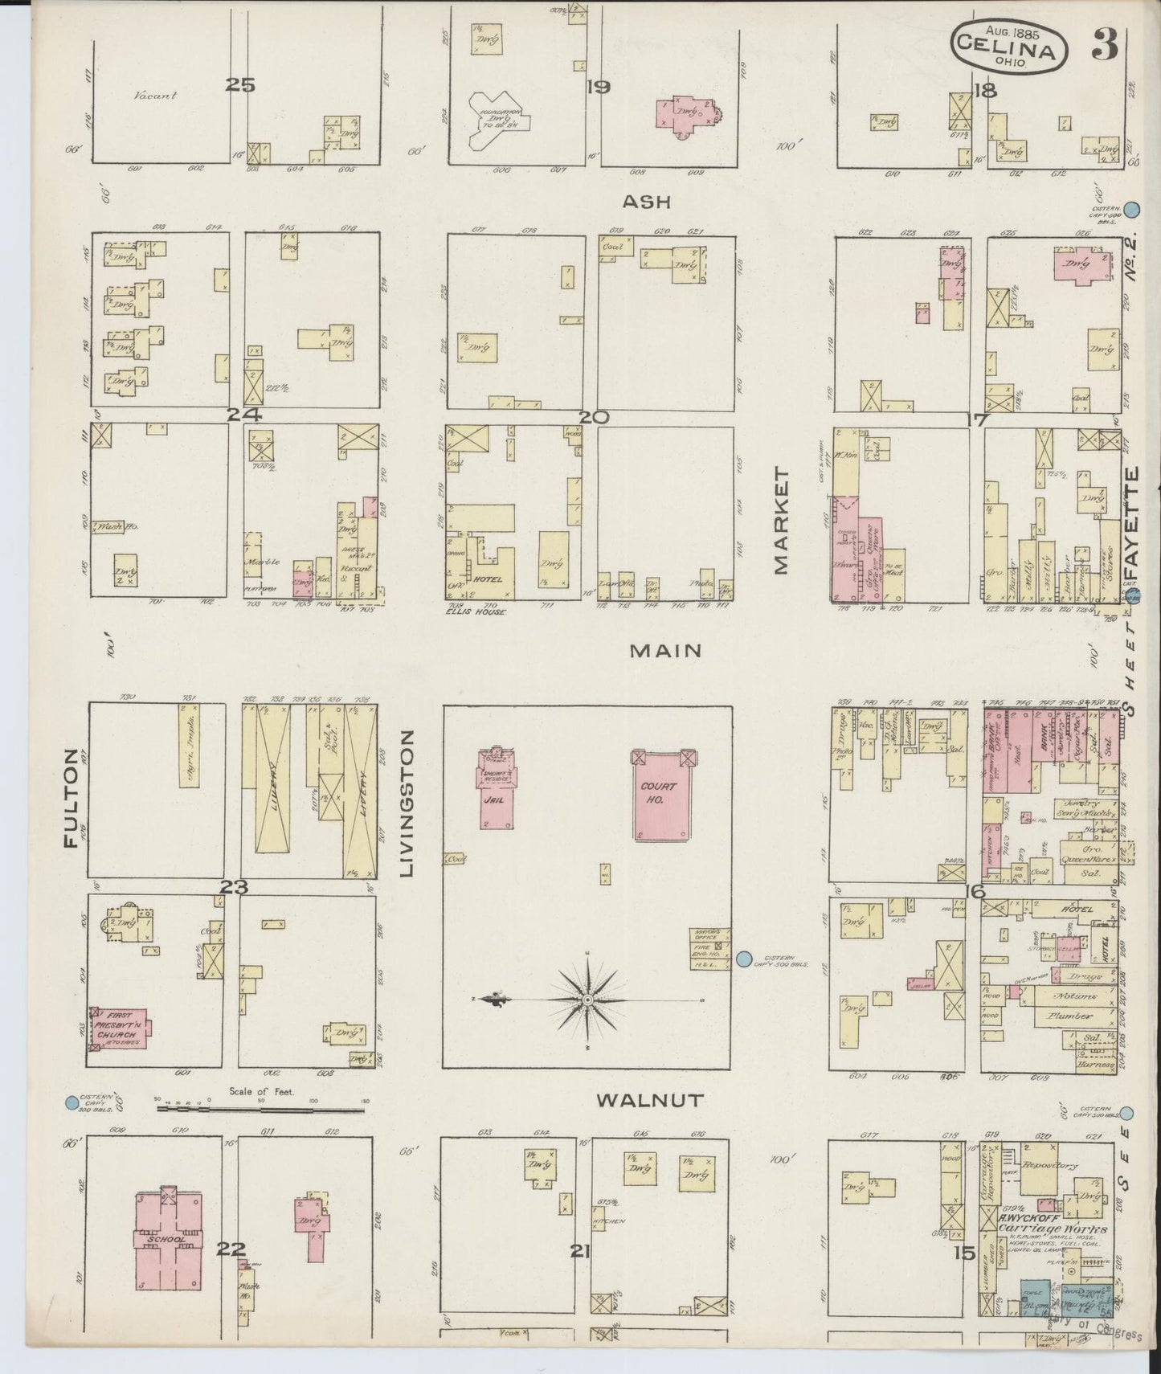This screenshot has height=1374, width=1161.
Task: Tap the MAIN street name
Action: coord(665,650)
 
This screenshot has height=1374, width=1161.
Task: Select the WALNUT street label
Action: coord(651,1100)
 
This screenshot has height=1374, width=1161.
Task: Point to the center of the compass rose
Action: coord(588,999)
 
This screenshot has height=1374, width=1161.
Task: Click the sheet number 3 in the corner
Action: coord(1105,47)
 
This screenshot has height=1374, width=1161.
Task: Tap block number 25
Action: coord(239,84)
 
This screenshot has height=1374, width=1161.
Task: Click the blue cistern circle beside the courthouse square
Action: coord(744,958)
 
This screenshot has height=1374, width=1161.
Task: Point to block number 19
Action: coord(598,87)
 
